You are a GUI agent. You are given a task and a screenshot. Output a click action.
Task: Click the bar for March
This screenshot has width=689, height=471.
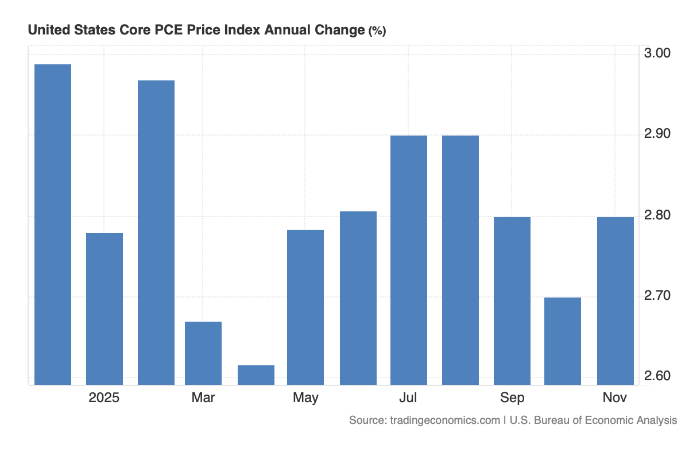coord(203,353)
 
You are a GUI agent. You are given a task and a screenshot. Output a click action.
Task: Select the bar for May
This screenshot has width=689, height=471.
coord(305,307)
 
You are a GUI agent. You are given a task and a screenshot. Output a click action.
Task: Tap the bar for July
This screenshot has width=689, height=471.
coord(409,260)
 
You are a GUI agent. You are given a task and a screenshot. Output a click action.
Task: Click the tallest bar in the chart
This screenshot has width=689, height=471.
coord(53,224)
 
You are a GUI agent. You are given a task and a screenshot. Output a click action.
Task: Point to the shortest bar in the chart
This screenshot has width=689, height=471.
coord(256,375)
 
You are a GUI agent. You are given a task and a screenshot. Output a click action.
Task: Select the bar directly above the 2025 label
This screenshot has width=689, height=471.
coord(104,308)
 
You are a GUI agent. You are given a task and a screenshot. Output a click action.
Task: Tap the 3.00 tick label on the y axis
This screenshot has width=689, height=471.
coord(657,53)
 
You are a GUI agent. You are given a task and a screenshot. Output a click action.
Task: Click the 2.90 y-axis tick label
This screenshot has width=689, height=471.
coord(657,134)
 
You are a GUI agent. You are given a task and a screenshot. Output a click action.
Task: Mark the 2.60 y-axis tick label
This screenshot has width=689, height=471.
coord(657,377)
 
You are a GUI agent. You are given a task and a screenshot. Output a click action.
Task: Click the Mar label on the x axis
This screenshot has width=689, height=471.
coord(203,398)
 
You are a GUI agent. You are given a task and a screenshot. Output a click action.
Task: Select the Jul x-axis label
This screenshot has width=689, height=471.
coord(409,398)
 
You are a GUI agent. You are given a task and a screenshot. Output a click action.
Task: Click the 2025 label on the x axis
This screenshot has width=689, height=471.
coord(104,398)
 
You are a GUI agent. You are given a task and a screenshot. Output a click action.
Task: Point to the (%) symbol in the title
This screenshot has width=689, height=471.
coord(377,31)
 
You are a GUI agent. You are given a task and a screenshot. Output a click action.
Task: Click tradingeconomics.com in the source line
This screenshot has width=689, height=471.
coord(445,420)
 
